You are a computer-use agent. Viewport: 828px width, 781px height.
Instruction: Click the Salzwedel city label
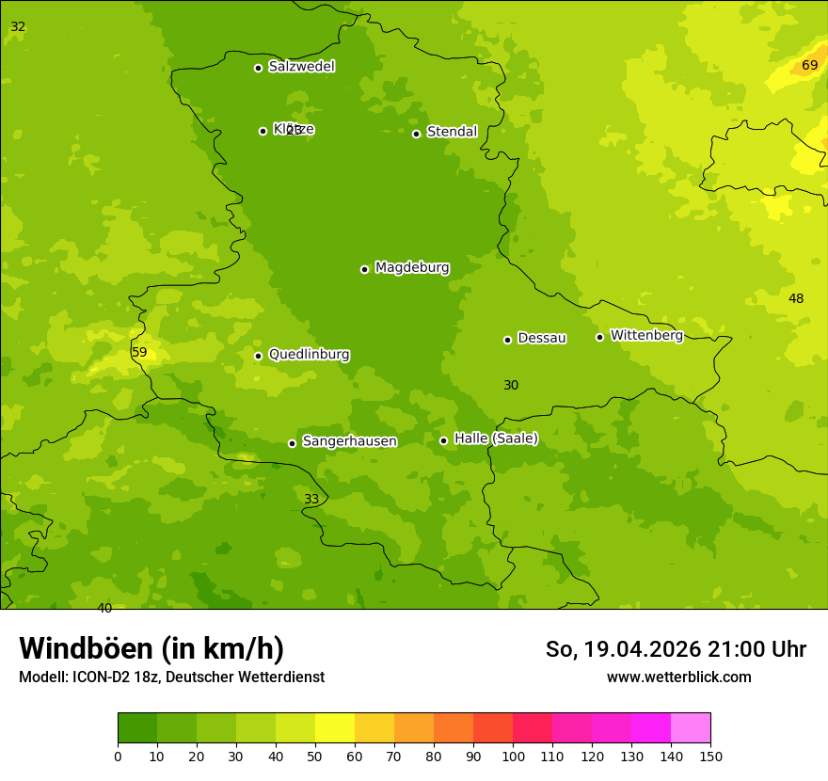pyautogui.click(x=301, y=67)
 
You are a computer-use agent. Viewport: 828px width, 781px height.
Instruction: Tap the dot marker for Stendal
pyautogui.click(x=416, y=134)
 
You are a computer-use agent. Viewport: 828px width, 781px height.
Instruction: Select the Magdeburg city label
pyautogui.click(x=411, y=268)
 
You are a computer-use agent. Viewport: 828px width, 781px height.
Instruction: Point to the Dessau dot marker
pyautogui.click(x=507, y=340)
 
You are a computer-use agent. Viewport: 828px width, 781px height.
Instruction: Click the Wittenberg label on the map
pyautogui.click(x=645, y=336)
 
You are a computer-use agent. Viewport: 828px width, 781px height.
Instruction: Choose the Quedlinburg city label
pyautogui.click(x=309, y=355)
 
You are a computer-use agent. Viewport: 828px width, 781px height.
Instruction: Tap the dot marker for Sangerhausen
pyautogui.click(x=292, y=443)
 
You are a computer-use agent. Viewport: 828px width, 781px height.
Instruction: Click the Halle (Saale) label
pyautogui.click(x=496, y=438)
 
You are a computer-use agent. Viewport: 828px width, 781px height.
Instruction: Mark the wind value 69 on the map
pyautogui.click(x=809, y=66)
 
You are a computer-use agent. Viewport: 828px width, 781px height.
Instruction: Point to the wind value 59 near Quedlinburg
pyautogui.click(x=139, y=353)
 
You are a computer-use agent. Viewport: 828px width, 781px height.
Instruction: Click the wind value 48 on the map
pyautogui.click(x=796, y=299)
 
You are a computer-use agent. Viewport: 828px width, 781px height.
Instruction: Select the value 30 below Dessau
pyautogui.click(x=511, y=386)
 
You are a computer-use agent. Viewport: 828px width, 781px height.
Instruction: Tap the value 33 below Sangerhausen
pyautogui.click(x=311, y=500)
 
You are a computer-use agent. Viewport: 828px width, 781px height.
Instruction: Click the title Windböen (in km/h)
pyautogui.click(x=151, y=649)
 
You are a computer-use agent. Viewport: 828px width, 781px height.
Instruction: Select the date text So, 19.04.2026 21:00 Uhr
pyautogui.click(x=676, y=649)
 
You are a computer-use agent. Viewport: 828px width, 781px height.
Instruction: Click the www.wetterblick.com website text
pyautogui.click(x=678, y=677)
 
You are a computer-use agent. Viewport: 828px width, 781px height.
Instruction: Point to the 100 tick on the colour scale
pyautogui.click(x=513, y=756)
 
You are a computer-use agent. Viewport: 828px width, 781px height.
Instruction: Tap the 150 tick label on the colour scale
pyautogui.click(x=710, y=756)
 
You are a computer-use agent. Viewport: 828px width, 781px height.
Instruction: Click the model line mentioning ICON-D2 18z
pyautogui.click(x=171, y=677)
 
